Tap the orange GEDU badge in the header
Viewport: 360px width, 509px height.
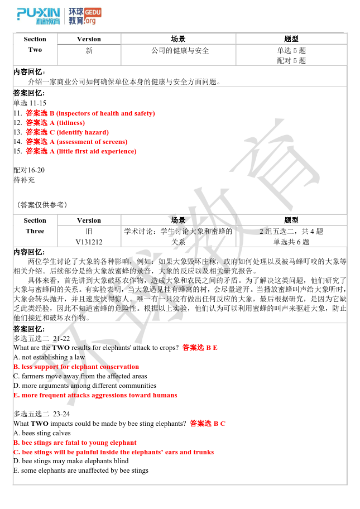tap(93, 12)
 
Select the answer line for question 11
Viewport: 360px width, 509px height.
tap(84, 113)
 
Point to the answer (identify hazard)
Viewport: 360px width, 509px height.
tap(83, 132)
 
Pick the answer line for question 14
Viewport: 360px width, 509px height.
tap(70, 142)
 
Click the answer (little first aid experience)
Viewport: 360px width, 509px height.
tap(97, 151)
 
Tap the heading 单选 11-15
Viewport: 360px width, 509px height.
tap(30, 103)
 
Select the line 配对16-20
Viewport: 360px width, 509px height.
tap(29, 170)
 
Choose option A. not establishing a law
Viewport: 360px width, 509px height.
tap(49, 357)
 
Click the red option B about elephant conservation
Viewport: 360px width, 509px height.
tap(76, 367)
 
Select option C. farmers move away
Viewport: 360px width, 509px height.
tap(80, 376)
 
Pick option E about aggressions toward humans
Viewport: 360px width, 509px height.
tap(95, 395)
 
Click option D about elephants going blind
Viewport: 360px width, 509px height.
tap(71, 461)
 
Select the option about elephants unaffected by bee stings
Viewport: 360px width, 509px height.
tap(81, 470)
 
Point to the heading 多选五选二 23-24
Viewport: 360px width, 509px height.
tap(42, 414)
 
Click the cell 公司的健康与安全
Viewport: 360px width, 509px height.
tap(180, 51)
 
